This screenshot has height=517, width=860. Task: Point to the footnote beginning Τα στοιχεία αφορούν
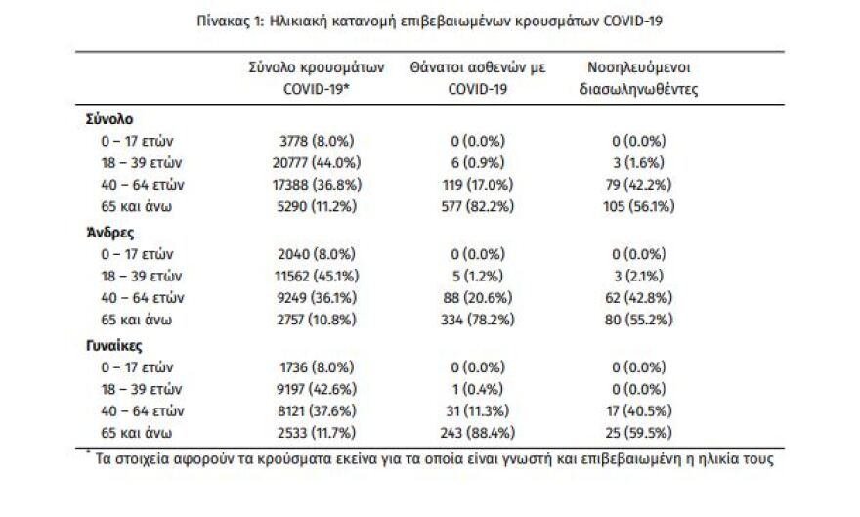click(x=430, y=456)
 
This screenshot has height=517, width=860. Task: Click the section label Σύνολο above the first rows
click(x=109, y=119)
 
